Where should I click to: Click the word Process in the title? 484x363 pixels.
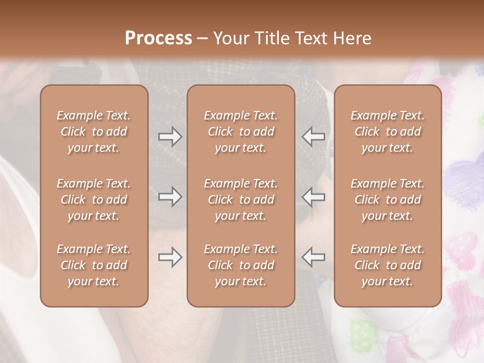tap(158, 38)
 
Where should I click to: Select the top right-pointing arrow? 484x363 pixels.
tap(170, 137)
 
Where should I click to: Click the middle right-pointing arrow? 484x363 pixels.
tap(170, 197)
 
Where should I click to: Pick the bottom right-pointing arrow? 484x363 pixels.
tap(170, 257)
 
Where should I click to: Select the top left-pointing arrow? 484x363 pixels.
tap(314, 137)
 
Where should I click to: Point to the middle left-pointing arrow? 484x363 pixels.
tap(314, 197)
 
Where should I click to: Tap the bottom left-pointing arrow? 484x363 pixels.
tap(314, 257)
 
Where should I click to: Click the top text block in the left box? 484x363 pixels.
tap(94, 132)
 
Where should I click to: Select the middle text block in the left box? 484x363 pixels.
tap(94, 200)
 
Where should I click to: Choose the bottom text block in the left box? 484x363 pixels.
tap(94, 265)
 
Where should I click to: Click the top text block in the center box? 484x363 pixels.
tap(241, 132)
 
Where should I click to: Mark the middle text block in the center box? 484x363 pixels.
tap(241, 200)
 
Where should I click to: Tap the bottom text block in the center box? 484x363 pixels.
tap(241, 265)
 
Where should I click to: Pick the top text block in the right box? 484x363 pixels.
tap(388, 132)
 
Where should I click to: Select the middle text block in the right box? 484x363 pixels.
tap(388, 200)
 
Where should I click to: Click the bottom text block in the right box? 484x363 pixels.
tap(388, 265)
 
